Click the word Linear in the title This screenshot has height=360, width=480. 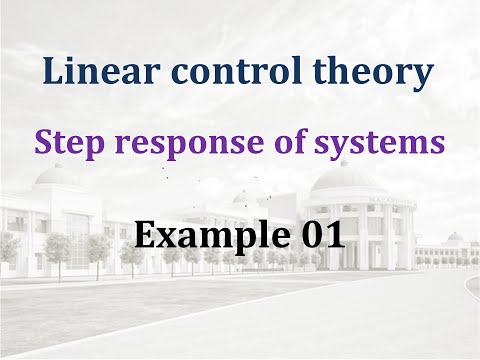[95, 73]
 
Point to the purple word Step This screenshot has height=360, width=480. [65, 143]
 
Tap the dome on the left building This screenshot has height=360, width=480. [56, 177]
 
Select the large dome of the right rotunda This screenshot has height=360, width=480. [343, 177]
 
